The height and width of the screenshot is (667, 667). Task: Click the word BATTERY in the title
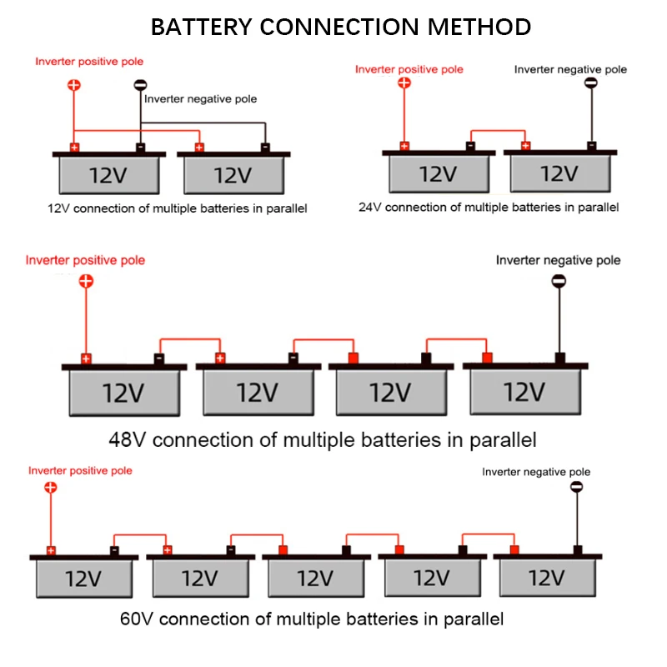[202, 27]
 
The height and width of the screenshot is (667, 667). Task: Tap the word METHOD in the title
[479, 27]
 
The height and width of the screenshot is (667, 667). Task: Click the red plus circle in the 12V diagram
[74, 85]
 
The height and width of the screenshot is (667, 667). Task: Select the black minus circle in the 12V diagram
[140, 85]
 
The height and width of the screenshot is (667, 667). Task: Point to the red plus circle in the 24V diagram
[404, 83]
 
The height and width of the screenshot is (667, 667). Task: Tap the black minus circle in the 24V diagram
[591, 83]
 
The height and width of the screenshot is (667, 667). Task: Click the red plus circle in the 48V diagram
[86, 281]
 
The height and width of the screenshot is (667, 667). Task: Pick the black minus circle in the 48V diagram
[559, 281]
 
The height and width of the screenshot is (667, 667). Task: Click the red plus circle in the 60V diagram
[51, 487]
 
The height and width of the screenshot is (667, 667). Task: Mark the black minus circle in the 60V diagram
[576, 487]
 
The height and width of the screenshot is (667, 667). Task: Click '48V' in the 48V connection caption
[128, 439]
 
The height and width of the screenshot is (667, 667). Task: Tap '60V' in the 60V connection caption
[136, 619]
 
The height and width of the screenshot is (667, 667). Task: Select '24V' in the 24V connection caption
[371, 207]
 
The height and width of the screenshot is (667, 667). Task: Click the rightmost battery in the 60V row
[548, 575]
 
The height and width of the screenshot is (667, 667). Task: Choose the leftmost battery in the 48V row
[124, 389]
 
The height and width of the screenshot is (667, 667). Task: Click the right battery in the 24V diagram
[560, 171]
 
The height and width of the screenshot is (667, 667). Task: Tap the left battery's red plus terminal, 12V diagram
[74, 148]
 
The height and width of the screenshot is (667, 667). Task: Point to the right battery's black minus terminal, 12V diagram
[265, 148]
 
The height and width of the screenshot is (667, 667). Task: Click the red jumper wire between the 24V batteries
[498, 131]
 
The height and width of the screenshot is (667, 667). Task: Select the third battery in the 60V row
[317, 575]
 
